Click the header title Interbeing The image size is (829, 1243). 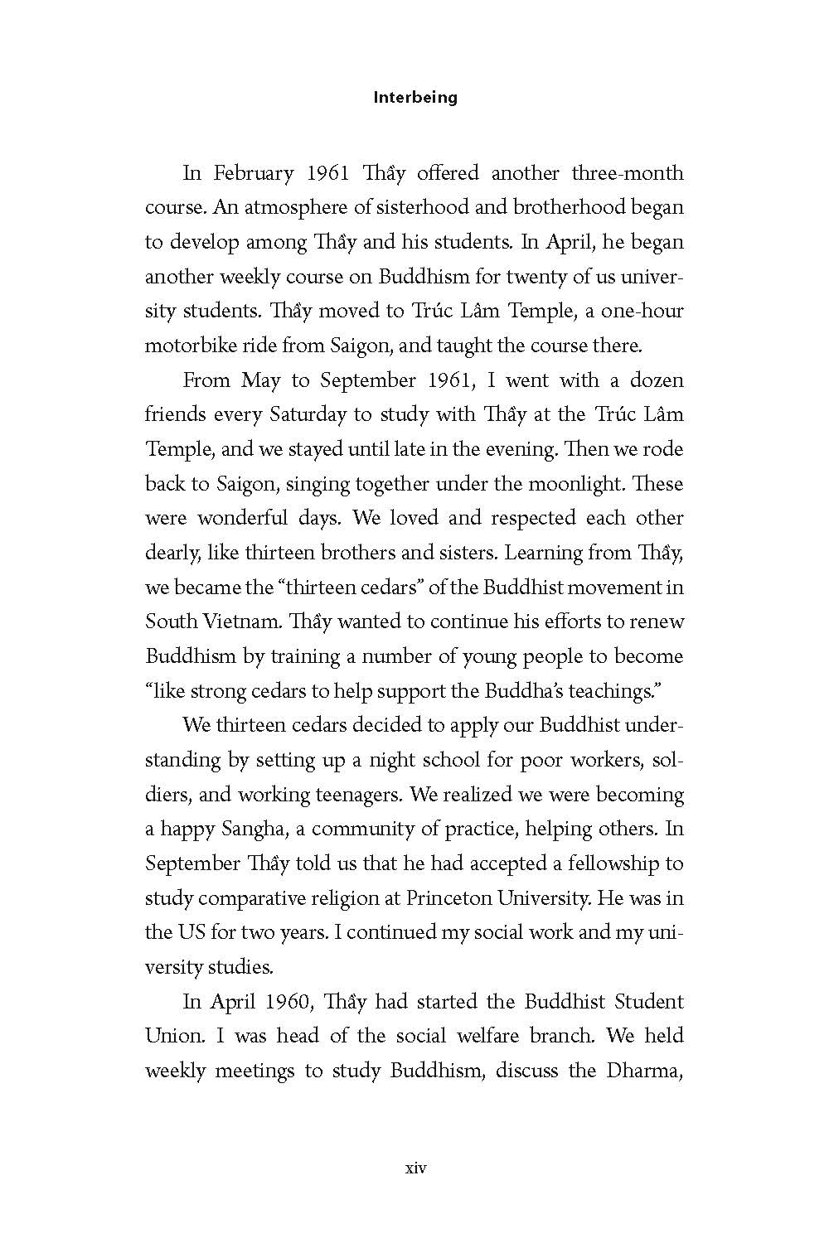point(415,98)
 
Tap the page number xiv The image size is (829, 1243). point(415,1169)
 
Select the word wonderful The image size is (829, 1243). point(244,518)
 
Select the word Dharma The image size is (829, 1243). point(643,1070)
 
